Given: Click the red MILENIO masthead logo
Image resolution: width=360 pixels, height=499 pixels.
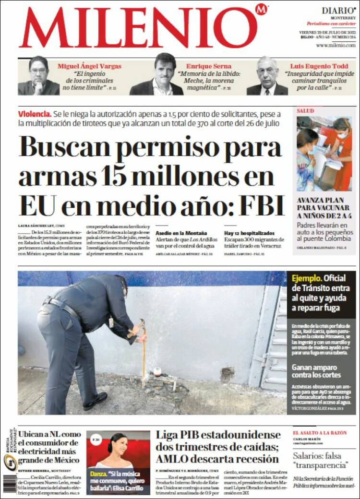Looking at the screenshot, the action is pos(139,28).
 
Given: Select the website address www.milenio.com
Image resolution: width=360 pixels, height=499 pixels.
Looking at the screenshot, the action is pos(336,45).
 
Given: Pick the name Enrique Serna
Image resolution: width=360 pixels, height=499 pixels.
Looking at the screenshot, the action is pos(209,66).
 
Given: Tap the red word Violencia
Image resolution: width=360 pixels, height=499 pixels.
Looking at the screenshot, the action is pos(34,114).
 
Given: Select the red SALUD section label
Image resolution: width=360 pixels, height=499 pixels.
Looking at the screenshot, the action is pos(305,111).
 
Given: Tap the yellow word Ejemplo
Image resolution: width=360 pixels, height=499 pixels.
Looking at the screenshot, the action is pos(305,278).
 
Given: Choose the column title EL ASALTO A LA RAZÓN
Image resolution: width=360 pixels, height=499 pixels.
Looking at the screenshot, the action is pos(319,433).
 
